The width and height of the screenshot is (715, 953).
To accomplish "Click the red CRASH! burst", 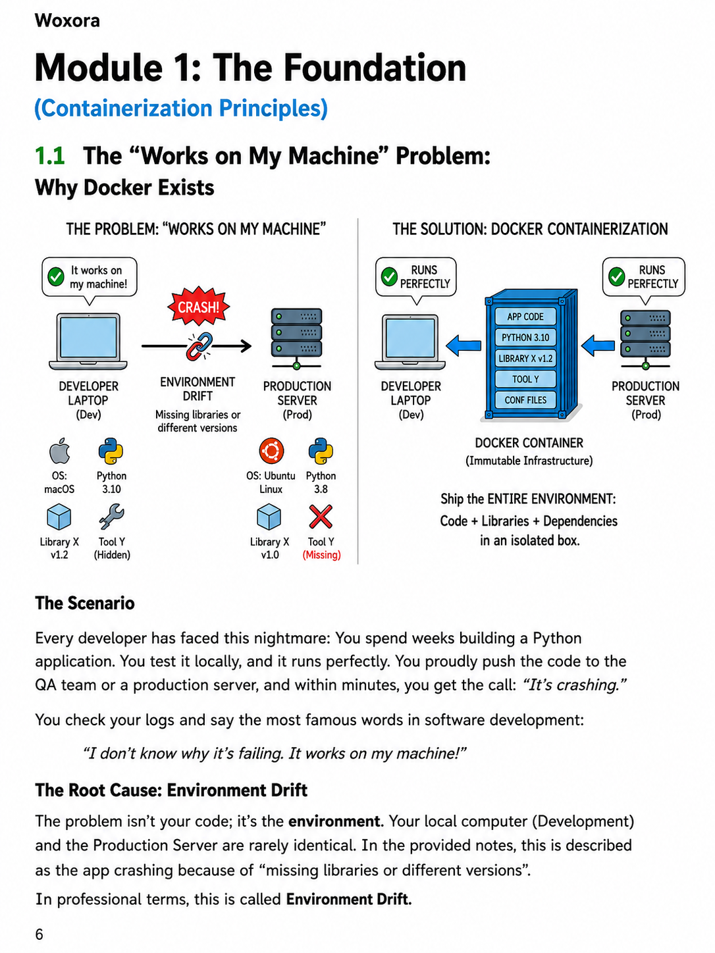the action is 198,306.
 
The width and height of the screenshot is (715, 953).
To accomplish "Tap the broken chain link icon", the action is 199,346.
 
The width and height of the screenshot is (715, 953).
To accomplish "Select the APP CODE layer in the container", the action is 525,317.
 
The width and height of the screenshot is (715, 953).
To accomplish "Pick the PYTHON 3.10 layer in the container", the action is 525,338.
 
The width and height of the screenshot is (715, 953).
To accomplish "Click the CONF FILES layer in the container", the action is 525,400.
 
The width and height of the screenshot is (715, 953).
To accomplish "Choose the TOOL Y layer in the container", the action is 525,379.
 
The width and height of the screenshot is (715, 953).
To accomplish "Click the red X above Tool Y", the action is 321,516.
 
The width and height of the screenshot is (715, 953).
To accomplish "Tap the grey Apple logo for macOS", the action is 59,451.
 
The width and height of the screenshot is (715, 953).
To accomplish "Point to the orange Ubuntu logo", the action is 271,451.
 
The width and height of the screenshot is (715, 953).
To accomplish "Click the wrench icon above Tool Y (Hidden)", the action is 111,516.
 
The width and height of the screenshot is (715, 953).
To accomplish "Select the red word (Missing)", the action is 321,554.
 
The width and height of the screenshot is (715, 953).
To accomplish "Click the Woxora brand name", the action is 67,20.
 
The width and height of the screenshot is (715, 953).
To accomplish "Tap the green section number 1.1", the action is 50,155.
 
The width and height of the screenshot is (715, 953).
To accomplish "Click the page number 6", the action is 39,934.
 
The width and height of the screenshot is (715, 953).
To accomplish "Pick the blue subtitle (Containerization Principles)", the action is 181,108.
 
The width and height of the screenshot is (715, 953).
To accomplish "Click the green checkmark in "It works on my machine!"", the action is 55,276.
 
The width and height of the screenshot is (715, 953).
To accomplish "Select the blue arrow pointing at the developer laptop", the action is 463,346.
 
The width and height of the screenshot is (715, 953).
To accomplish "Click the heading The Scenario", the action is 85,603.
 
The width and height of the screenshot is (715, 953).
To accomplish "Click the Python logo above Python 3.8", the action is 321,451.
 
